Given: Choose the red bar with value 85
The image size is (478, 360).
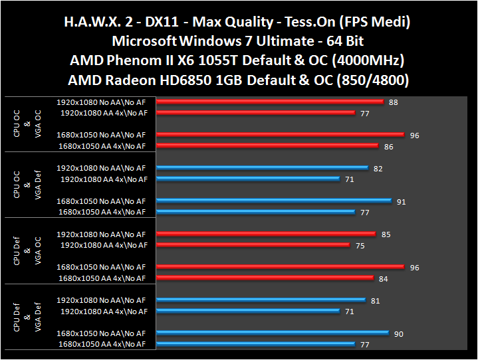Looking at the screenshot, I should [266, 234].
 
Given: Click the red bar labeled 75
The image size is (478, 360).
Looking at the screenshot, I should [253, 245].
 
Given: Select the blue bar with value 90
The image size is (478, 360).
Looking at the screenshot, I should [273, 333].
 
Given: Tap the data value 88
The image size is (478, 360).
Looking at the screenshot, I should [394, 102].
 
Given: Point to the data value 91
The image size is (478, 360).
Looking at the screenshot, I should [401, 201].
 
